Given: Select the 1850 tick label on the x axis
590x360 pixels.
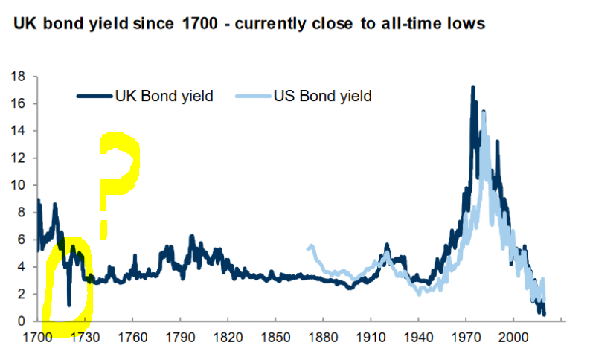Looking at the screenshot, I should pyautogui.click(x=275, y=336).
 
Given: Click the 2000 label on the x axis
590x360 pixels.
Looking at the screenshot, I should pyautogui.click(x=513, y=336).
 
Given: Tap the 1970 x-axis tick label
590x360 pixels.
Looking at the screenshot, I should pyautogui.click(x=466, y=336).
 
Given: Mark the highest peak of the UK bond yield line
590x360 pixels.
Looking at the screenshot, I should pyautogui.click(x=472, y=87).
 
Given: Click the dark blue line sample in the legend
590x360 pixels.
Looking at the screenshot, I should pyautogui.click(x=94, y=96).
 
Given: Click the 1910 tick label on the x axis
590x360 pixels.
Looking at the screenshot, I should pyautogui.click(x=371, y=336).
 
